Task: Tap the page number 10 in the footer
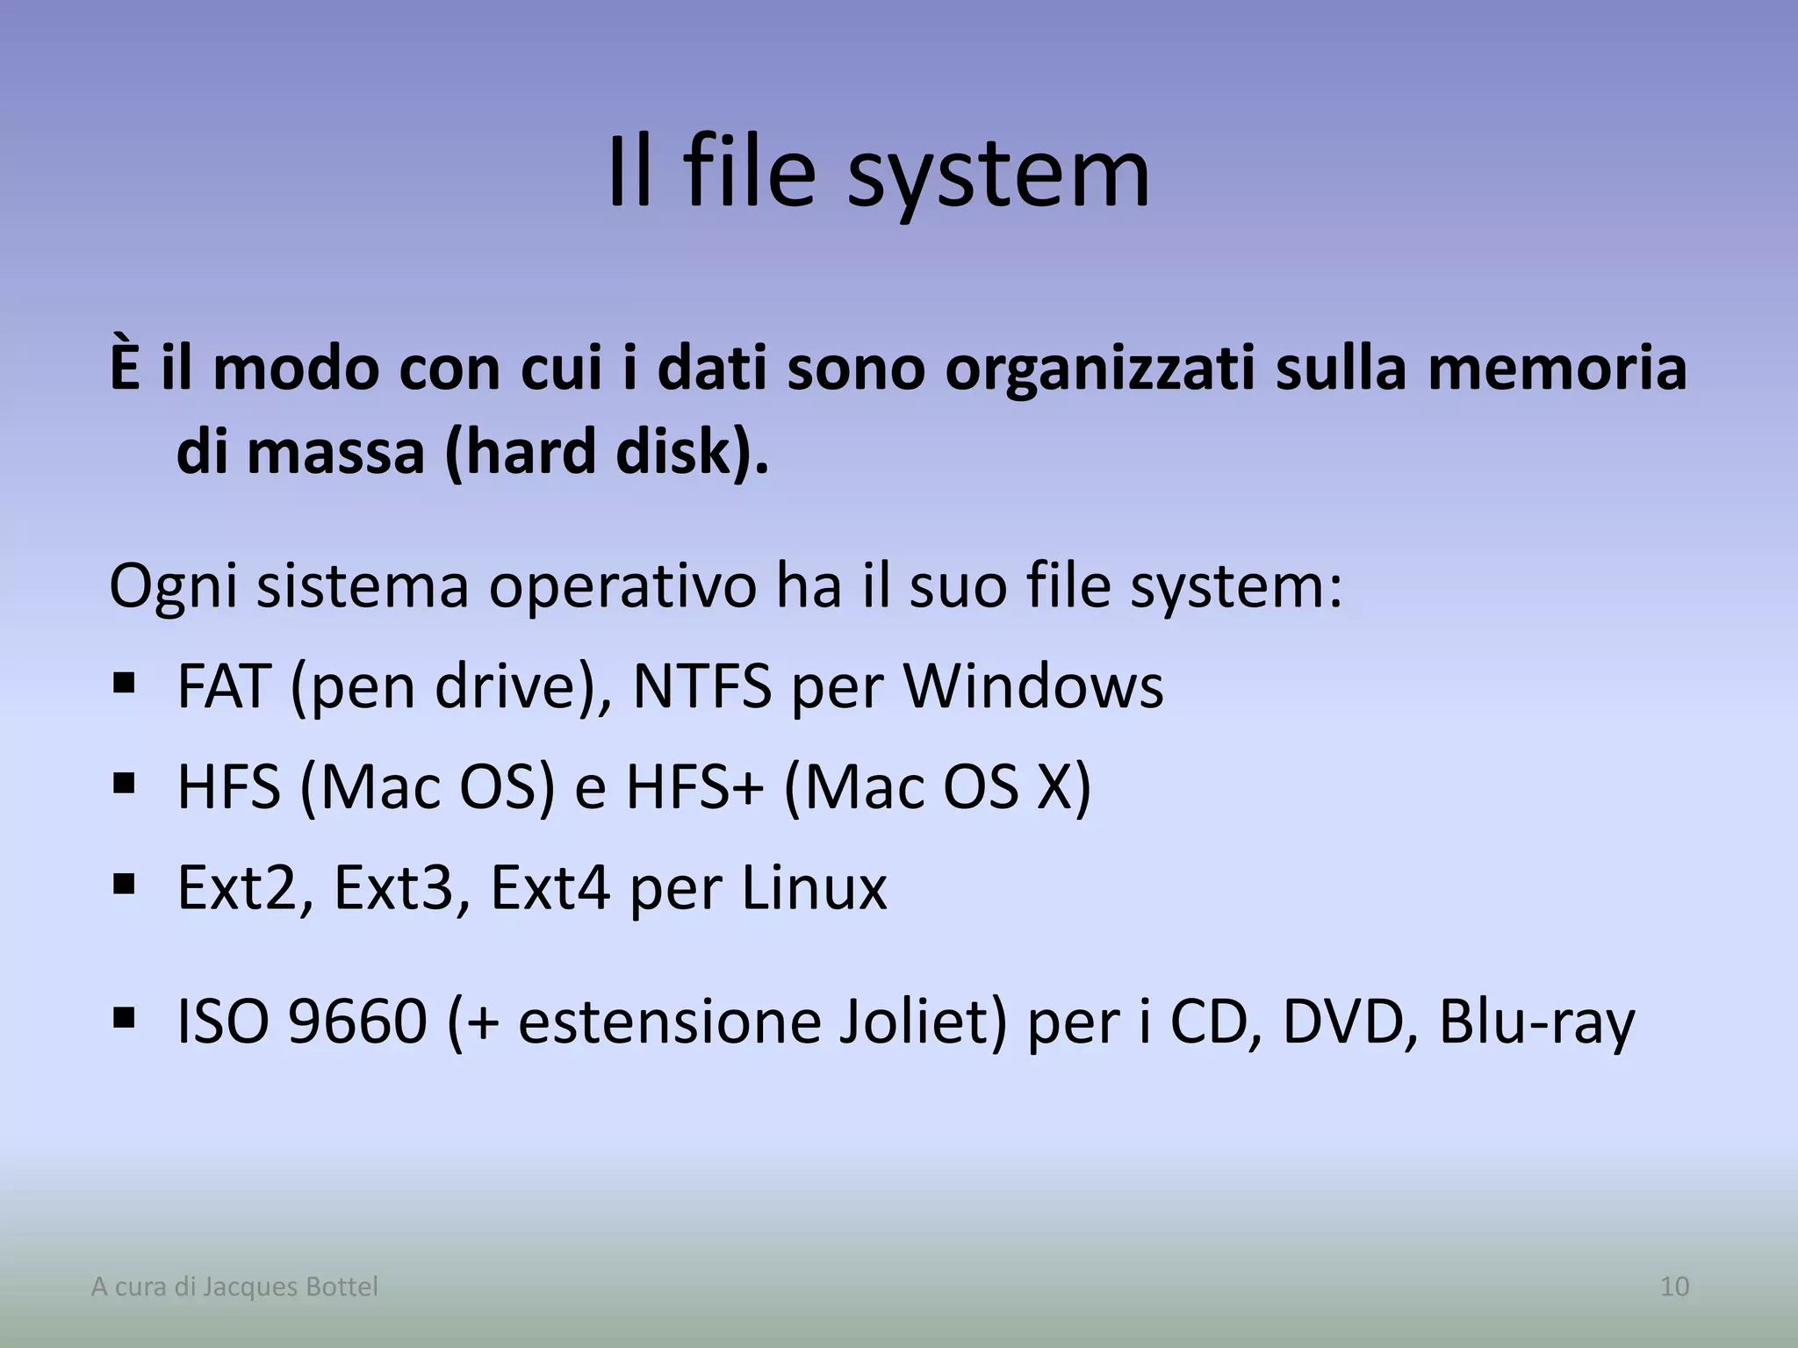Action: click(x=1674, y=1287)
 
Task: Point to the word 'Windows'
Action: click(x=1033, y=686)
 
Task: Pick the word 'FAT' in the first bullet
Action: click(x=223, y=686)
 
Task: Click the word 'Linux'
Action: click(x=813, y=888)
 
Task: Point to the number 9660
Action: click(x=357, y=1022)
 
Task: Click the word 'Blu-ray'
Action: click(x=1536, y=1022)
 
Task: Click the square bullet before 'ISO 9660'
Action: click(x=124, y=1017)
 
